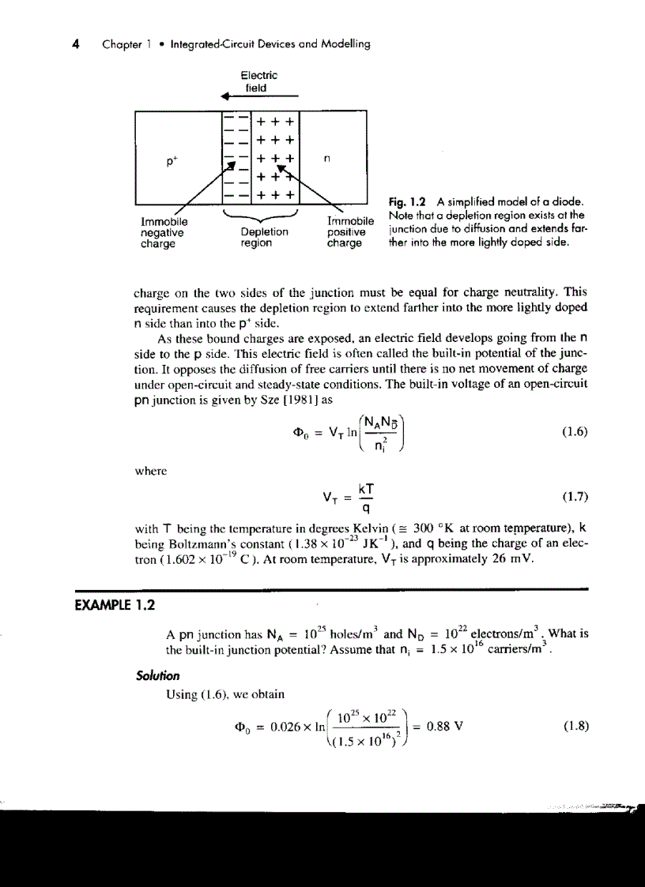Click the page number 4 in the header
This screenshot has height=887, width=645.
[74, 44]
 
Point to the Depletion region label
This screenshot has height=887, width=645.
[264, 238]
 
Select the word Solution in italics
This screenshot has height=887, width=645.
[157, 675]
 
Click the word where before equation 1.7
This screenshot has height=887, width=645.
[151, 471]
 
